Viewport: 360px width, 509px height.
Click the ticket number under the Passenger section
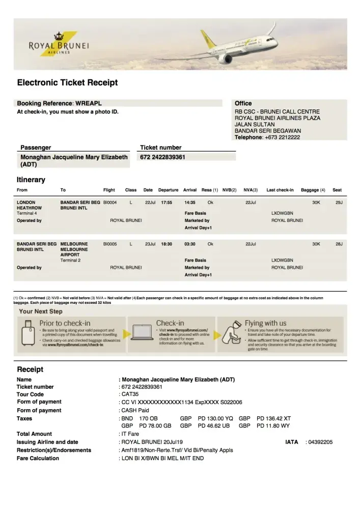[x=162, y=157]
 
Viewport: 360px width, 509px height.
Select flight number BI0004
[x=109, y=202]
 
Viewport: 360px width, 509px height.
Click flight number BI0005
[x=109, y=244]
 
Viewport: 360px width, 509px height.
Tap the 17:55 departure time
[x=167, y=202]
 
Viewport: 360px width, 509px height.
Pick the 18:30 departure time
[x=167, y=244]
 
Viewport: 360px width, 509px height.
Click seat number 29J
[x=339, y=202]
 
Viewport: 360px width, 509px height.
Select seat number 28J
[x=339, y=244]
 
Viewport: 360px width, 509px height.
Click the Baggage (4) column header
[x=313, y=190]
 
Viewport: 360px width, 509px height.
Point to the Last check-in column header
[x=280, y=190]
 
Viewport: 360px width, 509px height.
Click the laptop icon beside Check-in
[x=141, y=331]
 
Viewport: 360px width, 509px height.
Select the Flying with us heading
[x=265, y=323]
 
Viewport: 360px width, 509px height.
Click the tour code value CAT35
[x=127, y=394]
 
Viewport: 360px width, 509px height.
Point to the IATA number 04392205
[x=320, y=442]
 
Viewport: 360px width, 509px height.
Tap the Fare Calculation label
[x=38, y=458]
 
